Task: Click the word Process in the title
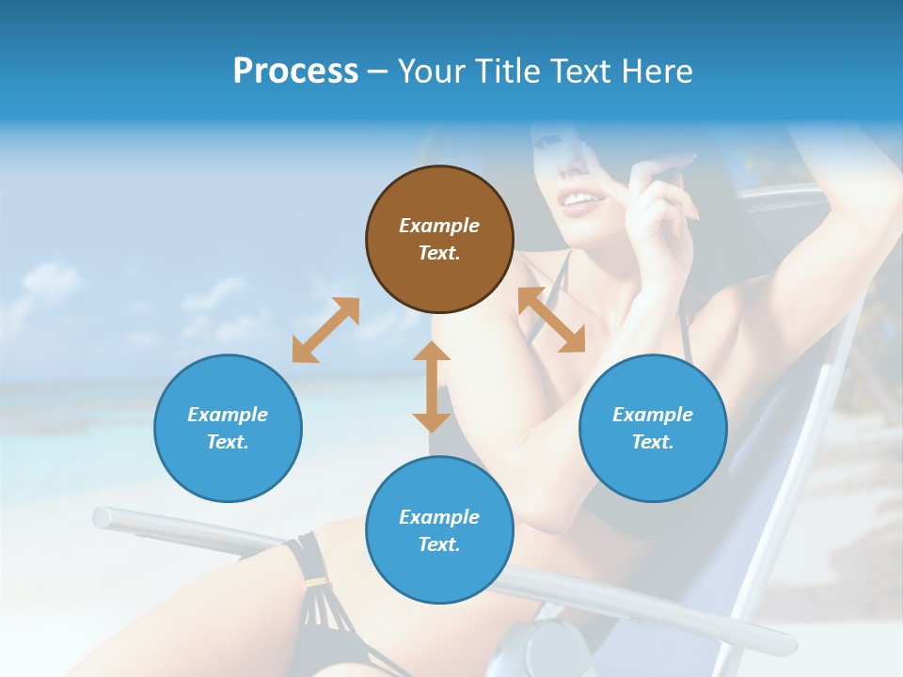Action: tap(295, 71)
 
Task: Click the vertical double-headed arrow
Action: tap(432, 386)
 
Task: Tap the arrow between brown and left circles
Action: tap(325, 330)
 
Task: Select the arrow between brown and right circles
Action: tap(551, 320)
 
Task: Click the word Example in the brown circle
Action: tap(439, 226)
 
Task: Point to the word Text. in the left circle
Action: tap(228, 442)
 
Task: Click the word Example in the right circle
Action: tap(653, 415)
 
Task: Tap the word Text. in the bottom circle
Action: tap(439, 544)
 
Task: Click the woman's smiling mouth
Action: tap(581, 200)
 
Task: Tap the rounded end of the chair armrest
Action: tap(102, 516)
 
